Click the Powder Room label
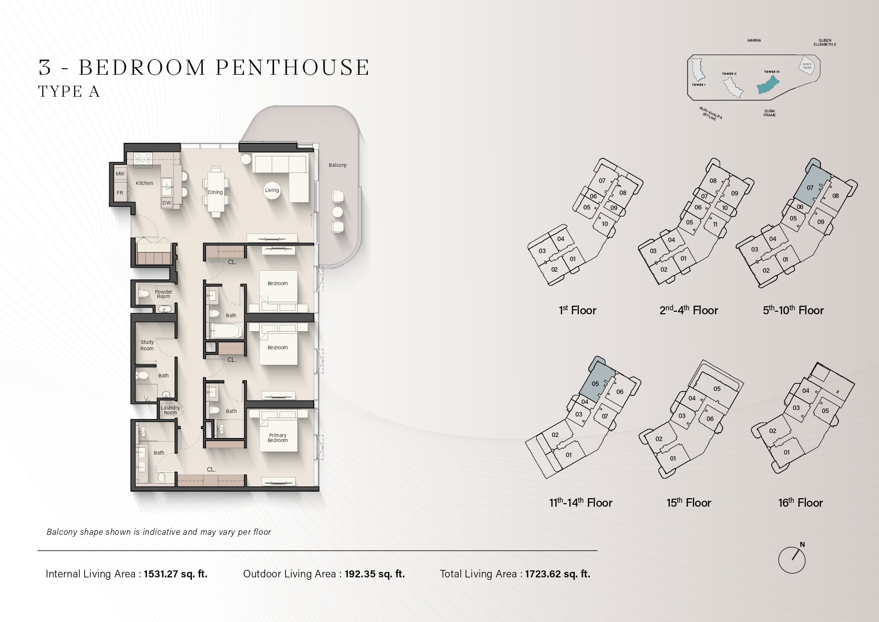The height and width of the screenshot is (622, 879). (x=163, y=294)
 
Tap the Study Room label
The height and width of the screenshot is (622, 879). (x=147, y=345)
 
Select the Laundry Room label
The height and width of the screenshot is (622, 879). (x=170, y=410)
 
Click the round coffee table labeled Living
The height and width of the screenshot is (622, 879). (x=272, y=190)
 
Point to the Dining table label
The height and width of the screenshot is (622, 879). (x=215, y=192)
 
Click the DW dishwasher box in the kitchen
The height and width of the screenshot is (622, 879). (x=167, y=202)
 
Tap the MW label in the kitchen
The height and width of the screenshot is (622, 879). (x=120, y=174)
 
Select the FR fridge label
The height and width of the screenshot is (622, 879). (x=120, y=193)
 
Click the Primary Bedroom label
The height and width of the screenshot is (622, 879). (x=278, y=438)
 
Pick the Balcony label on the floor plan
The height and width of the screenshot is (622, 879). (x=337, y=165)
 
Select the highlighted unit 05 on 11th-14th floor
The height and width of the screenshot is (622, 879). (x=596, y=383)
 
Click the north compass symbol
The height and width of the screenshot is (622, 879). (x=792, y=559)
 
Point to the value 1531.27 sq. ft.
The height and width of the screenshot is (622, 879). (x=175, y=574)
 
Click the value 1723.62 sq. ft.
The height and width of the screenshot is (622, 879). (x=557, y=574)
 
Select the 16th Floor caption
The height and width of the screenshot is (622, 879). (x=800, y=503)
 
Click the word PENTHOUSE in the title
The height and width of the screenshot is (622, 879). (x=293, y=68)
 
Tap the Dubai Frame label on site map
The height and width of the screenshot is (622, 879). (x=769, y=113)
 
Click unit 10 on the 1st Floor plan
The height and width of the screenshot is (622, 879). (x=604, y=224)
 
